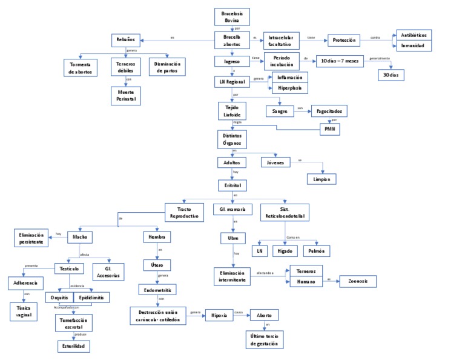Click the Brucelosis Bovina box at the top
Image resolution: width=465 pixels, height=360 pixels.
coord(232,16)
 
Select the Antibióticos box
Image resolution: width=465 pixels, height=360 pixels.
coord(414,35)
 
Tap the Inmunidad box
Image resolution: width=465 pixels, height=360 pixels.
coord(414,45)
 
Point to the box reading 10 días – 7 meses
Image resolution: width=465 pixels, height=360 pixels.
coord(340,61)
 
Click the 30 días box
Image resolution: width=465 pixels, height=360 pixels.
coord(391,75)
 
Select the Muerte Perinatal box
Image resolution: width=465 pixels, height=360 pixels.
coord(125,95)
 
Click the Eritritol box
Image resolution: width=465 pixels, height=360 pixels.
coord(231,185)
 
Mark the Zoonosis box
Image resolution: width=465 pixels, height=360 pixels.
coord(358,281)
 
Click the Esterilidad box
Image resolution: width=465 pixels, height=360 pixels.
coord(74,346)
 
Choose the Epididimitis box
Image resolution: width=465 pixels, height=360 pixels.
coord(91,298)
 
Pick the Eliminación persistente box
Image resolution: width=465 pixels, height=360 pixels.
coord(31,238)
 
